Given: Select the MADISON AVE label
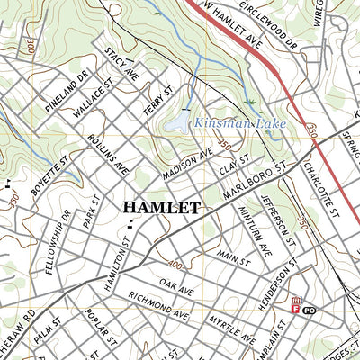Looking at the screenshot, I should [186, 162].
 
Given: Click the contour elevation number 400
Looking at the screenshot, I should [174, 266].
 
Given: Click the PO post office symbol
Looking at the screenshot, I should [308, 310].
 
